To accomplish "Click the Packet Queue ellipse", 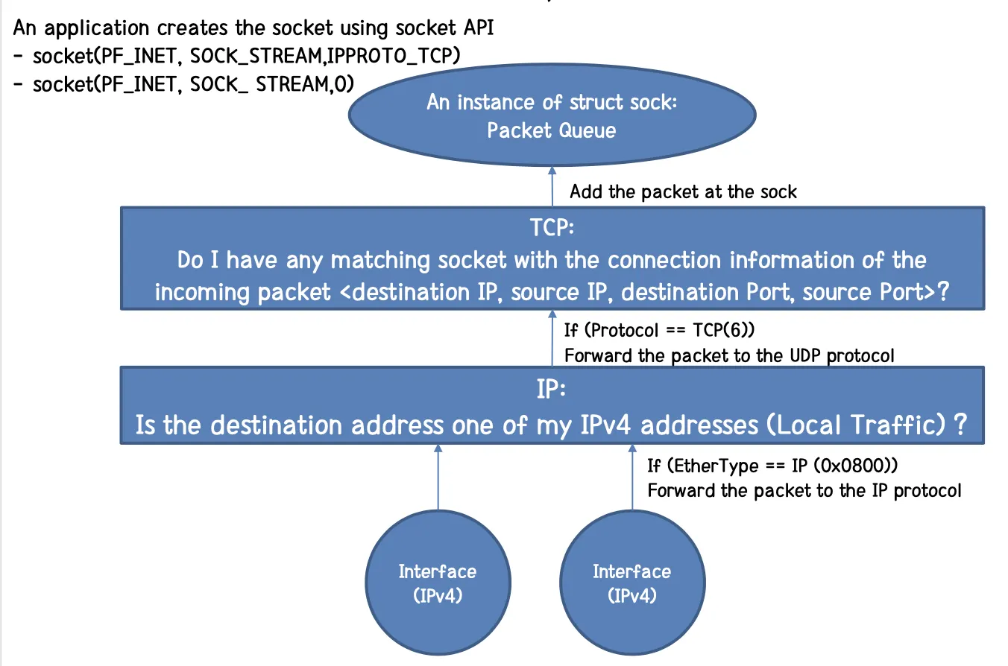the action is [552, 115].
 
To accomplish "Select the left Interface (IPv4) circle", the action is [438, 583].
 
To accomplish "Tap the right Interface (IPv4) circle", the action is [632, 583].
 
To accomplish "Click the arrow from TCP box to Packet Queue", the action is [552, 187].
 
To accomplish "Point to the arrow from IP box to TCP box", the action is [552, 338].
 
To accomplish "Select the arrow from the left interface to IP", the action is [438, 477].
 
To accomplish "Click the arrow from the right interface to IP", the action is [632, 477].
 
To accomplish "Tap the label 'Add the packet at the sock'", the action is [683, 192].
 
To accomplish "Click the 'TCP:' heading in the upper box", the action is [552, 227].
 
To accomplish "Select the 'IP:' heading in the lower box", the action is [551, 389].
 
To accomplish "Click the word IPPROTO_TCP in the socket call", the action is [394, 56].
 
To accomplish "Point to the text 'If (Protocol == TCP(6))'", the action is [659, 330].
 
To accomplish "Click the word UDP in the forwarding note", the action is [805, 355].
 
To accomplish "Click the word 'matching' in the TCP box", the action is [380, 261].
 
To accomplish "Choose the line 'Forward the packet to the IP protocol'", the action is [804, 491].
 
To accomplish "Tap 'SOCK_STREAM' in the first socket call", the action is [256, 56].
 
